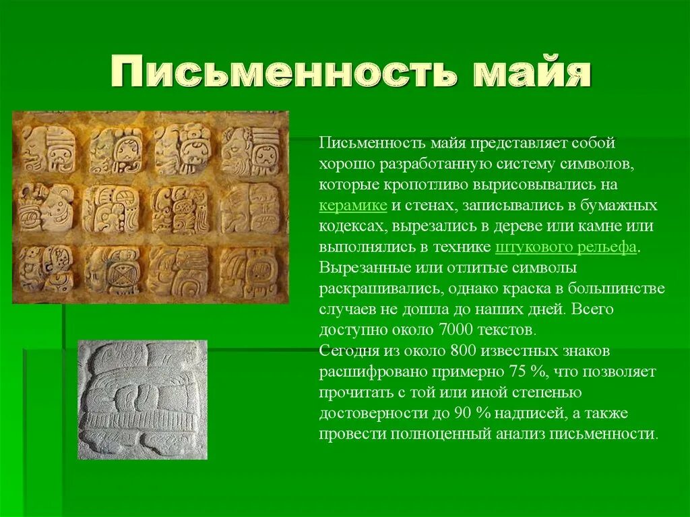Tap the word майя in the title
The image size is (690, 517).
point(532,73)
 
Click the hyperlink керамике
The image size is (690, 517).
point(352,206)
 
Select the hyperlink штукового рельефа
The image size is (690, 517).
point(566,247)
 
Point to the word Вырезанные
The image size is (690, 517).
point(363,268)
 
